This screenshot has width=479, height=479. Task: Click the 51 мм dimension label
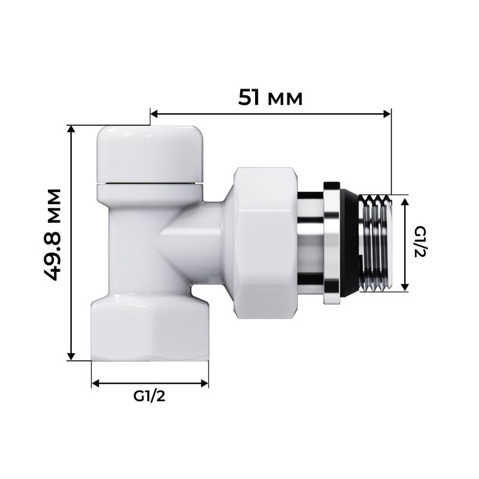click(270, 97)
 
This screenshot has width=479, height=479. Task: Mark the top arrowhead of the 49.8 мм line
click(71, 129)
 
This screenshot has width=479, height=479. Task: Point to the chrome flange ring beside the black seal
click(331, 242)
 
